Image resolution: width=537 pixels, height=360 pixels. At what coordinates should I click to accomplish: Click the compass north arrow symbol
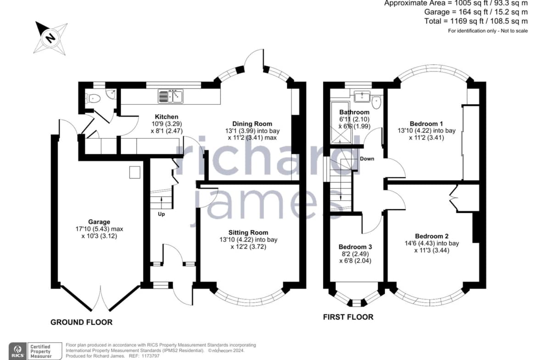pos(50,38)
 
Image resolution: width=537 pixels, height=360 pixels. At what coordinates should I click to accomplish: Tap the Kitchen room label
pos(167,116)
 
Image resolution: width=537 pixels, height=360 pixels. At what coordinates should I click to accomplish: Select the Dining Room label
pos(252,123)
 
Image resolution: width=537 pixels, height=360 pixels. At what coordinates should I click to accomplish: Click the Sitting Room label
pos(248,233)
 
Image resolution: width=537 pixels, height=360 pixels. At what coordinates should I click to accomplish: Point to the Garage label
pos(99,222)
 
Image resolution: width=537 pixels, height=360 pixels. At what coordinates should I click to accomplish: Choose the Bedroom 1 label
pos(426,123)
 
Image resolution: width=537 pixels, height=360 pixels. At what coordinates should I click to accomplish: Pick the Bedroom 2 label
pos(431,236)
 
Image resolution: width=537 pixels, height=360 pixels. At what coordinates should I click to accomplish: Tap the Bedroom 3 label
pos(355,247)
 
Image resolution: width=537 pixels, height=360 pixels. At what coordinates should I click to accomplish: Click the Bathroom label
pos(354,112)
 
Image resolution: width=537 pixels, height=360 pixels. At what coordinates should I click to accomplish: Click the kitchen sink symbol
pos(171,96)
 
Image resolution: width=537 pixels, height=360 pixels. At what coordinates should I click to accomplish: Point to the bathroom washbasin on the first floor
pos(362,96)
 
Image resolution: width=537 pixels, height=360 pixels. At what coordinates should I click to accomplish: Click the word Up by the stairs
pos(161,214)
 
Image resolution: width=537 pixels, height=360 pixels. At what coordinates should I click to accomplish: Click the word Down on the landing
pos(367,159)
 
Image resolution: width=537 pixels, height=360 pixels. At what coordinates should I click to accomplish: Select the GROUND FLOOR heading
pos(82,322)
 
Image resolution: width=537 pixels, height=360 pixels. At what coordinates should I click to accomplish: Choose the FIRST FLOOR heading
pos(348,317)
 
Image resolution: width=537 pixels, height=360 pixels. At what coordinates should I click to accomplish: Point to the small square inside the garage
pos(134,172)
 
